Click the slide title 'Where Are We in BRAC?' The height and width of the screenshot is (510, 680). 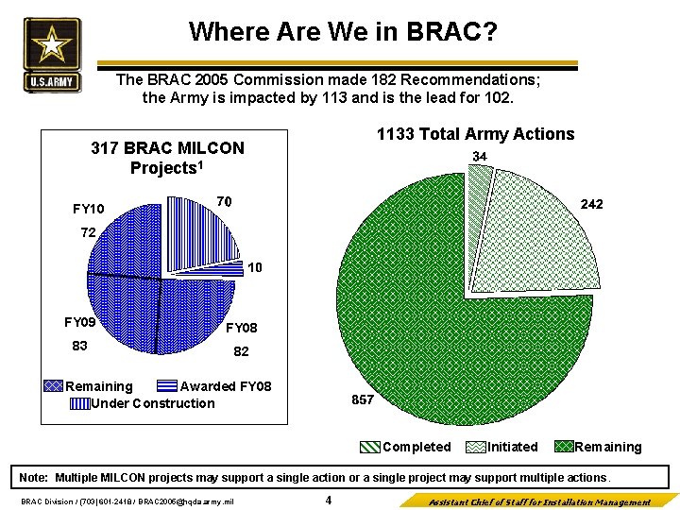click(343, 32)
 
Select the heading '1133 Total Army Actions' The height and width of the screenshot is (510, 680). click(475, 134)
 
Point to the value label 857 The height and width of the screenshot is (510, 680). click(363, 399)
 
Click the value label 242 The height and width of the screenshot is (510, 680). click(592, 205)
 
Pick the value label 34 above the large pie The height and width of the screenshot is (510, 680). click(480, 156)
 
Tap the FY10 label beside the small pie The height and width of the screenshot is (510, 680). click(89, 209)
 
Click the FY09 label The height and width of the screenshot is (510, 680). click(80, 322)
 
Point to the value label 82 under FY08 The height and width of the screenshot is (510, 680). click(241, 351)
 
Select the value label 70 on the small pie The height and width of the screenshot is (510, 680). click(224, 201)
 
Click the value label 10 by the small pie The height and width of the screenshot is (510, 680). click(255, 268)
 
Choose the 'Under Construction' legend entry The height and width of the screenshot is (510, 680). click(151, 403)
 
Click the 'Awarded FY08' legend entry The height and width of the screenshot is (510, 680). click(225, 386)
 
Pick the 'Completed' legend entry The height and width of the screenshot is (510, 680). click(416, 447)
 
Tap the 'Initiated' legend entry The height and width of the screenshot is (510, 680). click(512, 447)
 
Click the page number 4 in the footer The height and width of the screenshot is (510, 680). click(328, 501)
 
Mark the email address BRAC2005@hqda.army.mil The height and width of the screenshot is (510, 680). click(188, 501)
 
